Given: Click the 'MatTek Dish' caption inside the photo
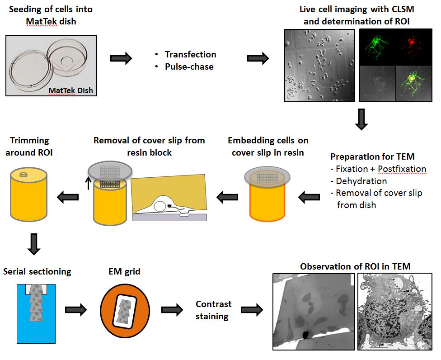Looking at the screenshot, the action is (x=70, y=90).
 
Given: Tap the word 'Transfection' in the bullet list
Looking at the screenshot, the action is (x=190, y=54).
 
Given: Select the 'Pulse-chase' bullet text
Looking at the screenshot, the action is (x=189, y=66).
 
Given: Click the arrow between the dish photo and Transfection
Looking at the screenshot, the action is (x=121, y=58).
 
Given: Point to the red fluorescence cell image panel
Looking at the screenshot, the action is (x=414, y=47).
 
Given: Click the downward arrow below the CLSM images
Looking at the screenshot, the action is (x=361, y=119).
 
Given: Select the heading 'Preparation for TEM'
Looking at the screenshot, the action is (x=372, y=156).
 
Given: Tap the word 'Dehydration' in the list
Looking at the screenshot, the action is (x=361, y=181).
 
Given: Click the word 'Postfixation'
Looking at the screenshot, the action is (x=402, y=169).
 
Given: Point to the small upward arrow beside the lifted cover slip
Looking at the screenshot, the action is (x=88, y=183).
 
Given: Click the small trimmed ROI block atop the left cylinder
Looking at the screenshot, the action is (x=23, y=175).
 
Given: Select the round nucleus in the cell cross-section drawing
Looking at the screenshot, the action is (x=160, y=206).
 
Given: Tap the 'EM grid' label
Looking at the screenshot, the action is (x=124, y=272).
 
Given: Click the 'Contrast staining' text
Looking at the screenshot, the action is (x=213, y=310).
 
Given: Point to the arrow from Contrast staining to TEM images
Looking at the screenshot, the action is (x=252, y=310).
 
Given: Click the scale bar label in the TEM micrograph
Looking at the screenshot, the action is (x=380, y=345).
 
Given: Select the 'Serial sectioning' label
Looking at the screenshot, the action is (x=37, y=272).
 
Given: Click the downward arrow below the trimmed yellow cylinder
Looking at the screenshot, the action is (x=34, y=244).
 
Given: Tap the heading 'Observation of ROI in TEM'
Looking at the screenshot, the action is (x=355, y=266).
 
